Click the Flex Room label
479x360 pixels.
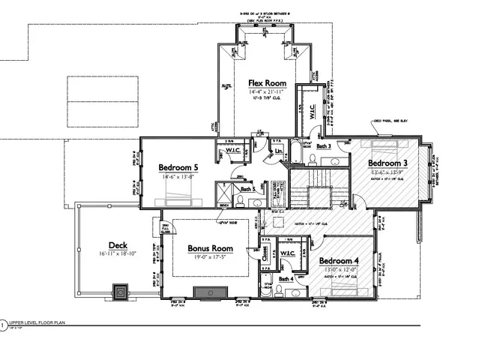click(268, 82)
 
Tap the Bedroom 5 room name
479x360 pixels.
click(178, 167)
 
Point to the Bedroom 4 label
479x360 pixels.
click(340, 262)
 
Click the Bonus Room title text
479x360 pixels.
click(210, 248)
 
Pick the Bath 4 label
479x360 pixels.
click(286, 280)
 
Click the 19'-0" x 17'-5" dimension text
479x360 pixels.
click(210, 257)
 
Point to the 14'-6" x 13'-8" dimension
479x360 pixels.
click(178, 176)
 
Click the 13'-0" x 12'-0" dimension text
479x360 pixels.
click(340, 271)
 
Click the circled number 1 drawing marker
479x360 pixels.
click(3, 325)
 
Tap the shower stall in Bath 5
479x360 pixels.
click(223, 199)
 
